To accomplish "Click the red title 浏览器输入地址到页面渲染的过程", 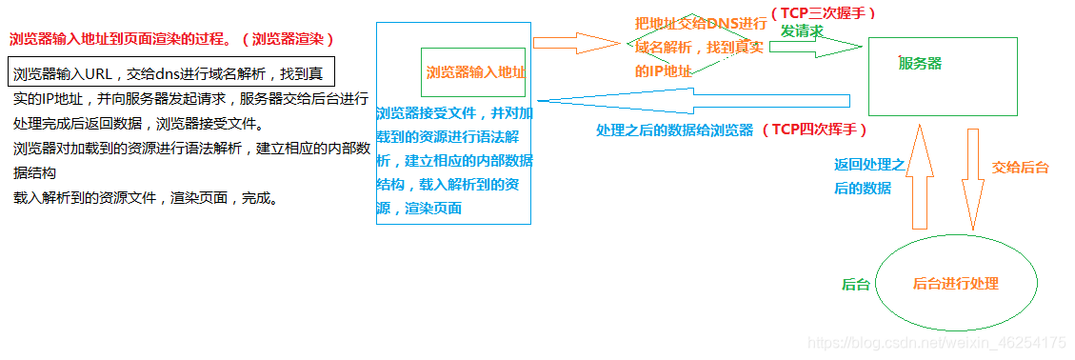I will (124, 40).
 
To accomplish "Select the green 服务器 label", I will (920, 63).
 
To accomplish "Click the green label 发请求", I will (802, 30).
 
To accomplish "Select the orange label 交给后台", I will (1020, 167).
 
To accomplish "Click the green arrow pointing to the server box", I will (819, 48).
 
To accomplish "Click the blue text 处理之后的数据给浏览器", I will (674, 129).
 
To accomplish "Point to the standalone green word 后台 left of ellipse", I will (855, 285).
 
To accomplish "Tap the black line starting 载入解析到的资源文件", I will (145, 198).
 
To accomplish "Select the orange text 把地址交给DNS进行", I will (700, 22).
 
